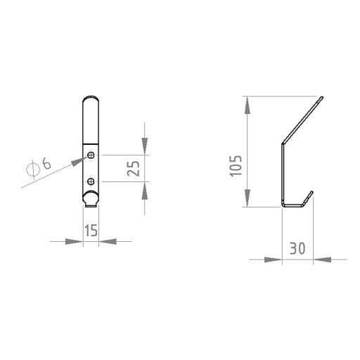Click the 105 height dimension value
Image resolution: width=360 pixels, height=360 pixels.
point(236,166)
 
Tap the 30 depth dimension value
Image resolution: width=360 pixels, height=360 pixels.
point(297,248)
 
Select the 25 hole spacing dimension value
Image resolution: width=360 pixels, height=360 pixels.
point(133,168)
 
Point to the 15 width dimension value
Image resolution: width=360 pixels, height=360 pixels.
point(91,231)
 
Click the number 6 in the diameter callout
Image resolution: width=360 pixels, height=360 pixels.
point(46,163)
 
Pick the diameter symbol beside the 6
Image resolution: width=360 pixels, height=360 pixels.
point(32,169)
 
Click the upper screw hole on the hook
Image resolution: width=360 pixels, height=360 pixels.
point(91,155)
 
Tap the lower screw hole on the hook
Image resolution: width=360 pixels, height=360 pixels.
point(91,181)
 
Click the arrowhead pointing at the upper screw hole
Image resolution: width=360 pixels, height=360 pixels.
point(78,161)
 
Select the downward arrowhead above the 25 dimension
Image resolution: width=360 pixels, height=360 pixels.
point(145,146)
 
